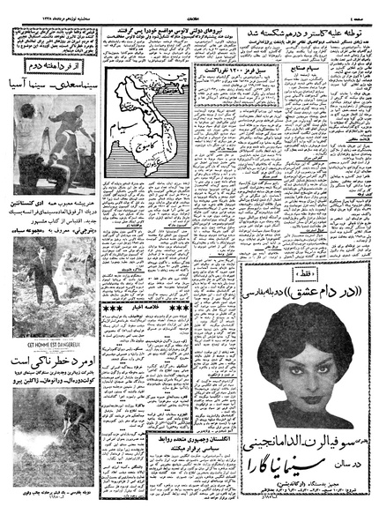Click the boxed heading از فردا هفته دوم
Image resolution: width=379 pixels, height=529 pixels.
[51, 67]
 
